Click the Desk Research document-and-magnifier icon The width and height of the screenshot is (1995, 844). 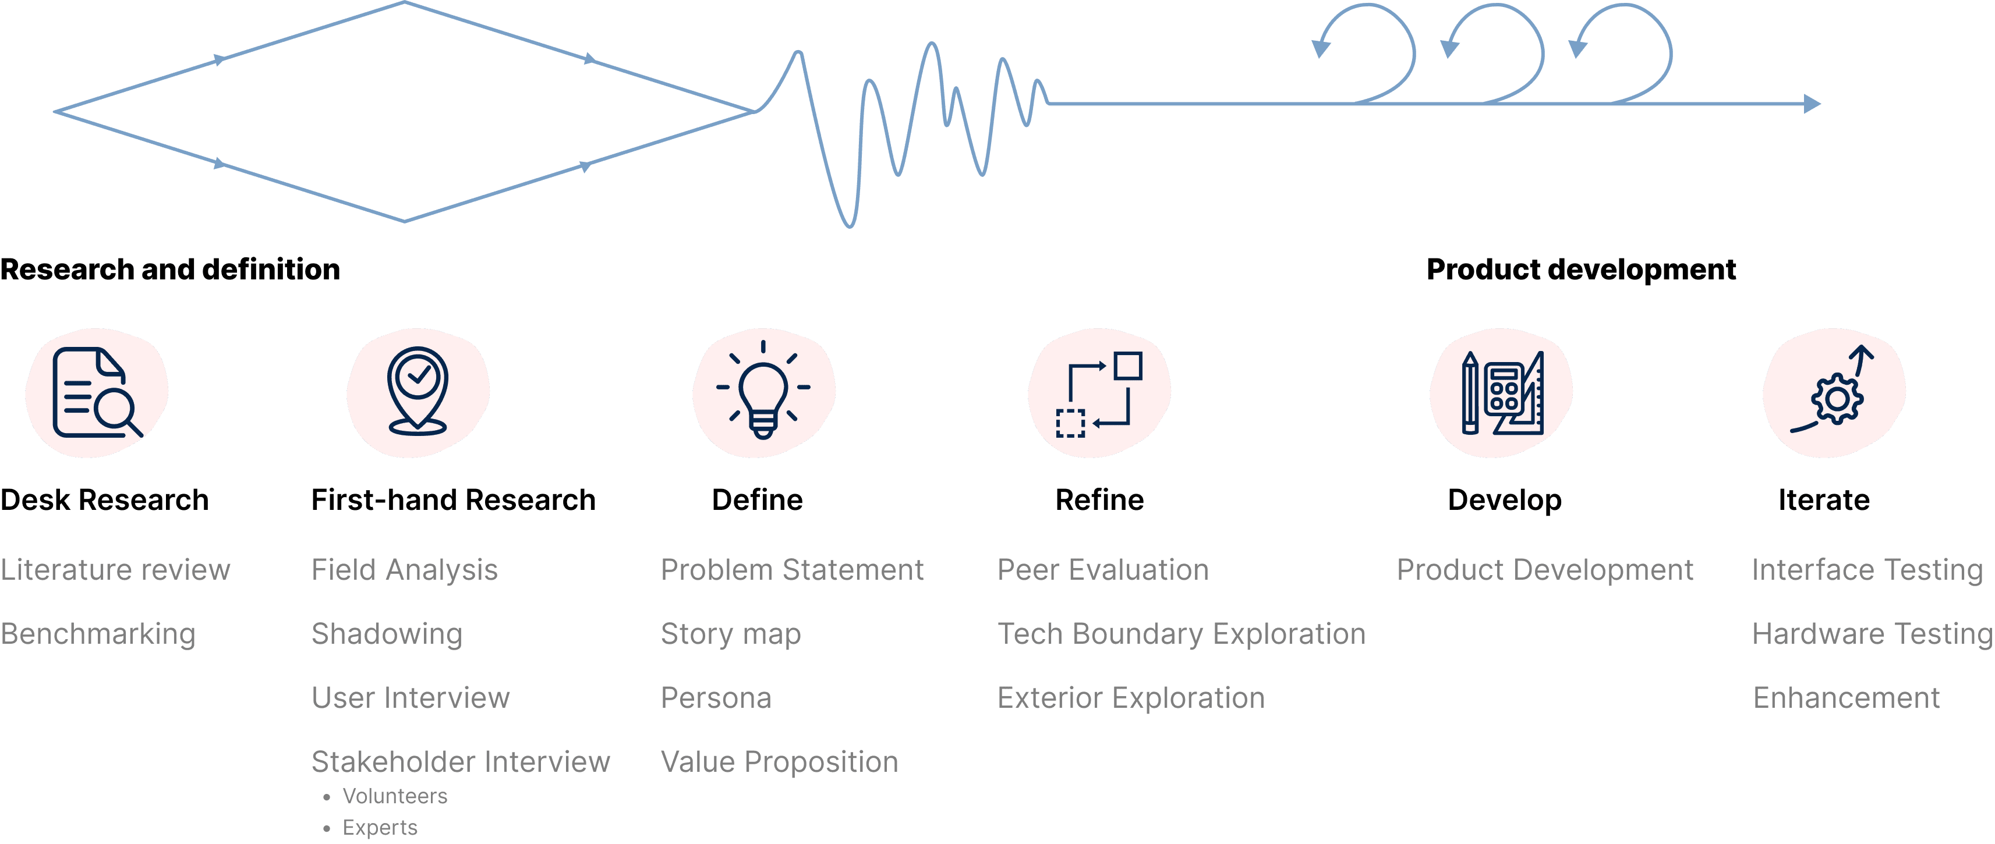click(x=96, y=392)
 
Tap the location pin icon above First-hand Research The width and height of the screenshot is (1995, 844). click(x=418, y=391)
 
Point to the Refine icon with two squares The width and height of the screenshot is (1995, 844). click(x=1099, y=393)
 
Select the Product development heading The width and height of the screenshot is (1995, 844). click(x=1580, y=269)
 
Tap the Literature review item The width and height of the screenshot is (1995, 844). click(x=115, y=570)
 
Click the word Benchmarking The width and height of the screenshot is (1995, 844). click(x=98, y=634)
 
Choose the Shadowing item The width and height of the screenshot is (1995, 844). click(x=387, y=634)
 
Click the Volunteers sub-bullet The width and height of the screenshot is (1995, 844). click(x=395, y=796)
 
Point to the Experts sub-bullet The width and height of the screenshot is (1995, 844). click(x=380, y=828)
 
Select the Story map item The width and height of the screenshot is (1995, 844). click(x=730, y=634)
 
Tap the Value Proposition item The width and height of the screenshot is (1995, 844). click(x=779, y=762)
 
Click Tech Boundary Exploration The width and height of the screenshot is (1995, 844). click(x=1181, y=634)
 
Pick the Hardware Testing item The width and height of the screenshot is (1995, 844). click(x=1871, y=634)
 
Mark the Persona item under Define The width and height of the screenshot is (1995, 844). click(x=716, y=698)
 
